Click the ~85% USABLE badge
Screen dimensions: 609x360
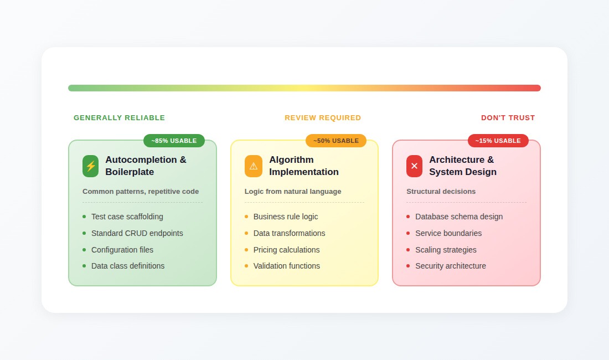[174, 141]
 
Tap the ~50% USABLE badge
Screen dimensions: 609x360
[336, 141]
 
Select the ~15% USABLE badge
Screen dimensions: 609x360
[498, 141]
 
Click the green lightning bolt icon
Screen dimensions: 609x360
[90, 166]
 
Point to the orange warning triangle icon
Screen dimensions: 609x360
[253, 166]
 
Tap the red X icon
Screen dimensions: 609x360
[414, 166]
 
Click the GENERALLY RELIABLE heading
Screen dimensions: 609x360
[119, 118]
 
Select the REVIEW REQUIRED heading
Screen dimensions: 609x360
[323, 118]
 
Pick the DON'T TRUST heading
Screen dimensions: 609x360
[508, 118]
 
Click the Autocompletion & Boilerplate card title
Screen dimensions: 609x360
[146, 166]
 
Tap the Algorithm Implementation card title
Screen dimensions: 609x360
[303, 166]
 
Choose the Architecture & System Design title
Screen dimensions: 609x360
[462, 166]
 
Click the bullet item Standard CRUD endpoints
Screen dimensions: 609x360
[137, 233]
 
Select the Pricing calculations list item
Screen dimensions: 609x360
[286, 250]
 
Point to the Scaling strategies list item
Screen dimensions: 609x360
[446, 250]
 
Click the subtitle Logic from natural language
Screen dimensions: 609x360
[293, 192]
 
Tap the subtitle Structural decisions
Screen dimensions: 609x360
[441, 192]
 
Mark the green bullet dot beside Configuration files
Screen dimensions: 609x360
[84, 250]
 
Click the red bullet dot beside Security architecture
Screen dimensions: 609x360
[408, 266]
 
